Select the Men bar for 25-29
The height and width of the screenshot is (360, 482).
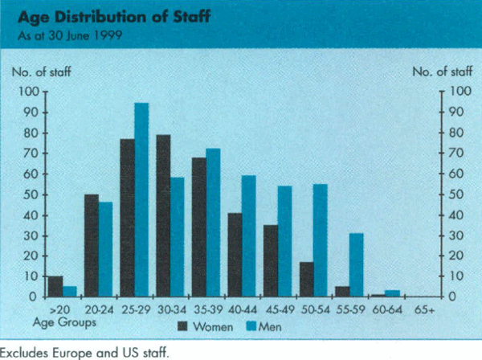[141, 200]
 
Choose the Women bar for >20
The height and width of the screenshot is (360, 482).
[55, 286]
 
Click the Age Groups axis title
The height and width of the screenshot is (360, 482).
[57, 321]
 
